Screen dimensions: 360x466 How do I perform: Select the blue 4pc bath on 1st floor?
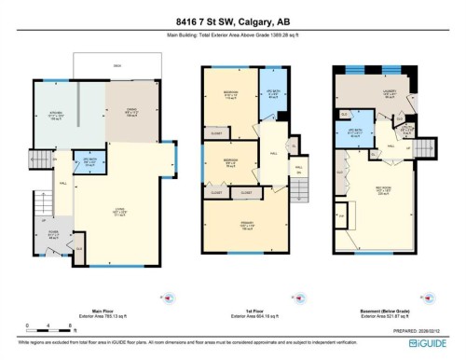coord(272,93)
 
